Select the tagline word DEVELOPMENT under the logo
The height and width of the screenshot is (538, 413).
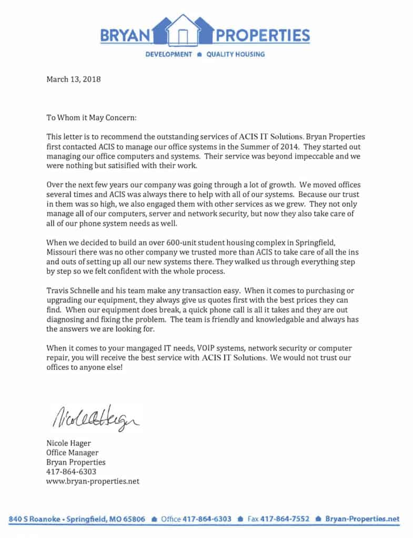pyautogui.click(x=168, y=55)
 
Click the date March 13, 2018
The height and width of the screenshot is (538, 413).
pyautogui.click(x=74, y=80)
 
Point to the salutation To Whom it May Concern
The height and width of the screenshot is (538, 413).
pyautogui.click(x=92, y=119)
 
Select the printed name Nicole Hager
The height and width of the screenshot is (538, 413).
pyautogui.click(x=69, y=443)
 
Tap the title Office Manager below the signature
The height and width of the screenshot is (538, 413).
pyautogui.click(x=73, y=453)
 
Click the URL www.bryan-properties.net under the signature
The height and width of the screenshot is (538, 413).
pyautogui.click(x=93, y=481)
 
